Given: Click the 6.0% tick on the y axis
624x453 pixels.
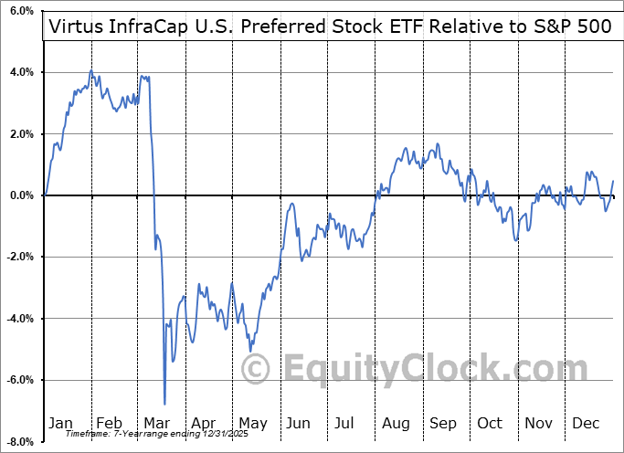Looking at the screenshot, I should click(20, 11).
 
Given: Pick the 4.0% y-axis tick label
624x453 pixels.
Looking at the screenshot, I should click(20, 72).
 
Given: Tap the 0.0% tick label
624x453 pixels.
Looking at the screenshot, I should click(20, 195).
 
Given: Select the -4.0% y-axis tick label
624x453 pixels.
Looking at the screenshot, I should click(19, 319).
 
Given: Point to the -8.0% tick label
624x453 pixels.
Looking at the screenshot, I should click(19, 442).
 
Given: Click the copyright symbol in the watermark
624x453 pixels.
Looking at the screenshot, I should click(255, 369).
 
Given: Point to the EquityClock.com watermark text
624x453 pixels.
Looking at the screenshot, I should click(420, 369).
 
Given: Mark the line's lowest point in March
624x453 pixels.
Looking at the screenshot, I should click(165, 404).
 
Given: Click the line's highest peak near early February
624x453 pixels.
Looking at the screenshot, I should click(90, 70).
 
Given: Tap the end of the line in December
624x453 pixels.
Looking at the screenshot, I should click(612, 182).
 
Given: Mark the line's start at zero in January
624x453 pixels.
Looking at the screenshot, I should click(45, 195).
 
